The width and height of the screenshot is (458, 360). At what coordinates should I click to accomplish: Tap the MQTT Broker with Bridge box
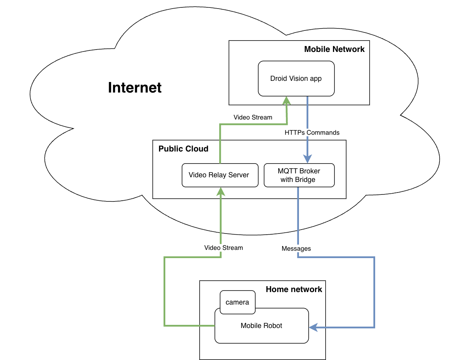pyautogui.click(x=299, y=175)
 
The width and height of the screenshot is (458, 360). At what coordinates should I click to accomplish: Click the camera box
pyautogui.click(x=237, y=302)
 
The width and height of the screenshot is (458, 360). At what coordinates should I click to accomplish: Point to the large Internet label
pyautogui.click(x=135, y=87)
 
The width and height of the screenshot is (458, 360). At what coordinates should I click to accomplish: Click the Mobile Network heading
pyautogui.click(x=334, y=49)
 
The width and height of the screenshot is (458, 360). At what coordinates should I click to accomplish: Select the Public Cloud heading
pyautogui.click(x=183, y=149)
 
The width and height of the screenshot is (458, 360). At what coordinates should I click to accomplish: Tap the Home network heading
pyautogui.click(x=294, y=289)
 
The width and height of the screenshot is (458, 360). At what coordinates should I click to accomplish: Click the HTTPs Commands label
pyautogui.click(x=312, y=133)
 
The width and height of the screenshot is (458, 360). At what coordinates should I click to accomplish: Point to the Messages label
pyautogui.click(x=296, y=248)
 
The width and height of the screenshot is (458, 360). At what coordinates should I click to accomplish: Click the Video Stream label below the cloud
pyautogui.click(x=224, y=248)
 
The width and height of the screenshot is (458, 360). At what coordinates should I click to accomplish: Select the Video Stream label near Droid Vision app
pyautogui.click(x=253, y=117)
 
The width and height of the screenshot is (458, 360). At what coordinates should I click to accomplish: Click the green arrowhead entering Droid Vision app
pyautogui.click(x=287, y=100)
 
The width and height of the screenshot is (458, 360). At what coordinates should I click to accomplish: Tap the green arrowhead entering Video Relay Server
pyautogui.click(x=221, y=191)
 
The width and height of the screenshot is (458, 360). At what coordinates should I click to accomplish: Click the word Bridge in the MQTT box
pyautogui.click(x=306, y=180)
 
